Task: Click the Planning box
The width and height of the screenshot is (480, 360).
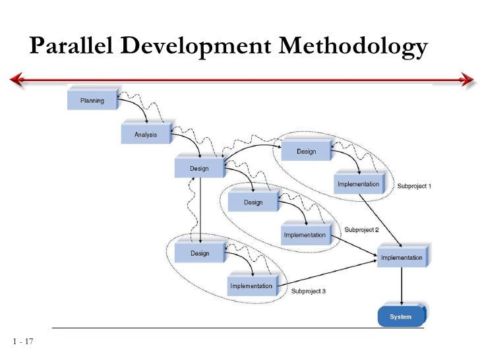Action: [x=93, y=100]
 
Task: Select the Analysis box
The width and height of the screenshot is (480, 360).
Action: [x=146, y=134]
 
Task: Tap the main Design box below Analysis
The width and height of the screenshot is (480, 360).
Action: [x=200, y=168]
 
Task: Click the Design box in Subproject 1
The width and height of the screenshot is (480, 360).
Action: [x=307, y=151]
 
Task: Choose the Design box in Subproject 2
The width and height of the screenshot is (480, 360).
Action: [x=254, y=202]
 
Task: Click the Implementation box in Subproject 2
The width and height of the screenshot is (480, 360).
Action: [x=305, y=235]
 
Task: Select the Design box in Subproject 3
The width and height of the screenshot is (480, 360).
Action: [x=200, y=253]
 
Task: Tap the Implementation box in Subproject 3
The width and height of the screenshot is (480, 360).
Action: [x=252, y=285]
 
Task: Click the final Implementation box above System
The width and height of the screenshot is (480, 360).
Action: [x=403, y=257]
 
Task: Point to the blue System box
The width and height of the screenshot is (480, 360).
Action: [x=401, y=316]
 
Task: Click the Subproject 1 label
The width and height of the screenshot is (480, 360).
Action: [x=414, y=187]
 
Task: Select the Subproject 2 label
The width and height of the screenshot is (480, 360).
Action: [x=361, y=230]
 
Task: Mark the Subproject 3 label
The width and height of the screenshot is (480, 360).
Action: [x=309, y=291]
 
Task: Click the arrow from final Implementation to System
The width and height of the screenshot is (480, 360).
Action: [x=402, y=286]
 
